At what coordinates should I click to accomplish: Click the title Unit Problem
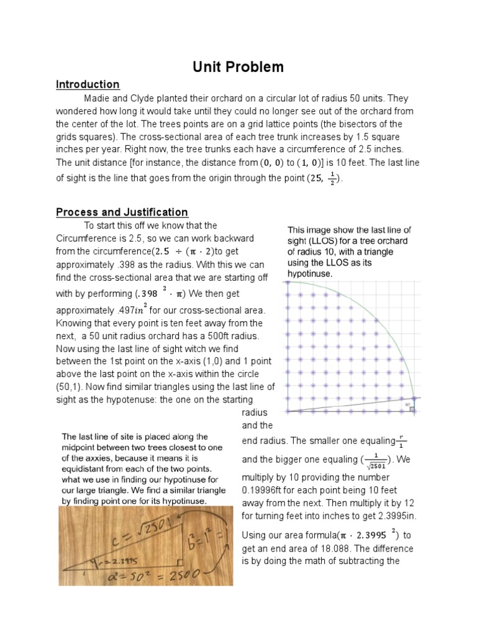coord(238,66)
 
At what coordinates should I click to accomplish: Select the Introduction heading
coord(88,84)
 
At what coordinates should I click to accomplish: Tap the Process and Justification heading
coord(122,212)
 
